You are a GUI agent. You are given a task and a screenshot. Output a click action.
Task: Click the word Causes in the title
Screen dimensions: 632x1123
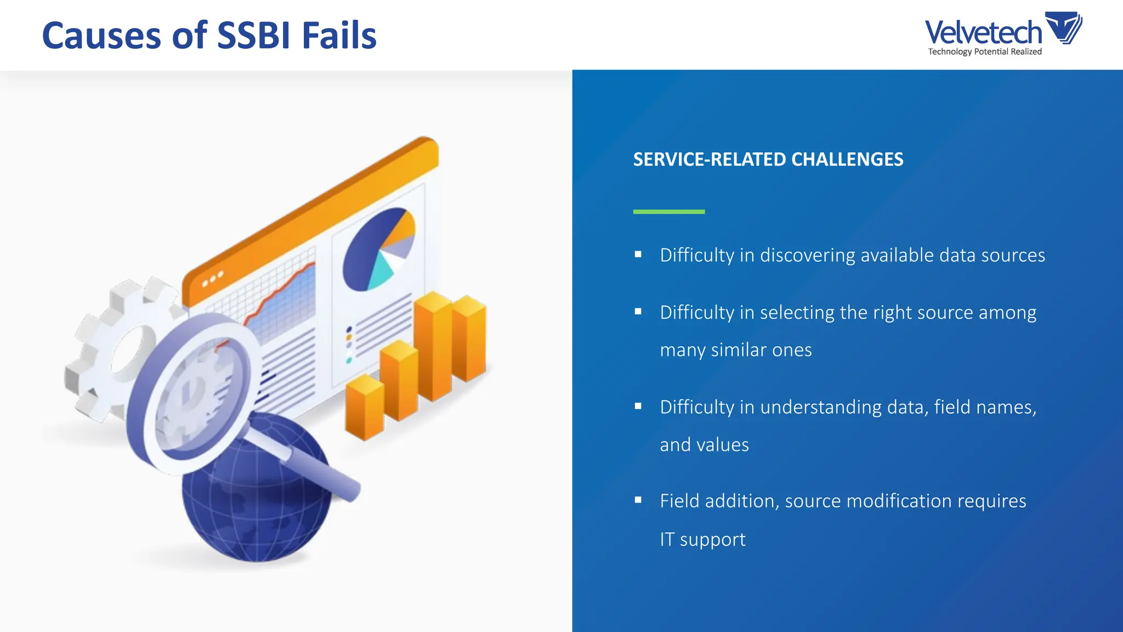pos(101,36)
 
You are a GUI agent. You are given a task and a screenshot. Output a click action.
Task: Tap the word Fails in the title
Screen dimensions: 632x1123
pos(339,36)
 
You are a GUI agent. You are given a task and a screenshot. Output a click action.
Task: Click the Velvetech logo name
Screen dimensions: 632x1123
pos(983,32)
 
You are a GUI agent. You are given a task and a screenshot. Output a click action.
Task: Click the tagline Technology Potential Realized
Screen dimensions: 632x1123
pos(984,52)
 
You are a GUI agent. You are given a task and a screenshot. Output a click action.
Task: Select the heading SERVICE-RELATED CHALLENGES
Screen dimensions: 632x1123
pos(768,160)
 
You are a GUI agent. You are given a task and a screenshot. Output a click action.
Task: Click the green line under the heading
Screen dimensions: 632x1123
pos(668,212)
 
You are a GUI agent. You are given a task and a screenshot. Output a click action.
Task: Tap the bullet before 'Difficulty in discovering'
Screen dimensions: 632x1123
pos(638,255)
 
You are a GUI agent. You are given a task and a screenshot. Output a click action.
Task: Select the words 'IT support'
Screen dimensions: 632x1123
pos(702,540)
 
